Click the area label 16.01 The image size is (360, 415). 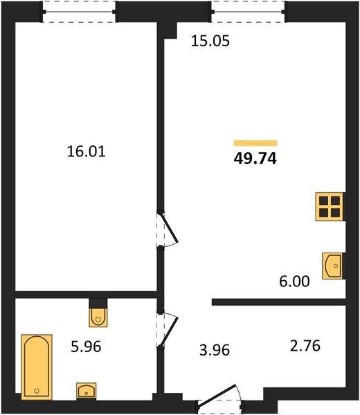click(86, 151)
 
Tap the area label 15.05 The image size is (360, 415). click(210, 41)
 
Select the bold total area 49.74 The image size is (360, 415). click(255, 158)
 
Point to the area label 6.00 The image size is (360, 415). click(294, 282)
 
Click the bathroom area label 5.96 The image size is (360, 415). click(86, 347)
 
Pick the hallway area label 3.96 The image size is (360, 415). click(215, 350)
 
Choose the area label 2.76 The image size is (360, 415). click(305, 346)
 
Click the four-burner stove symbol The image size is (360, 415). click(330, 207)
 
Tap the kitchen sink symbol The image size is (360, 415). click(332, 266)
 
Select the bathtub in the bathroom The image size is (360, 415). click(37, 367)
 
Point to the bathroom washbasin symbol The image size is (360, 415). click(87, 391)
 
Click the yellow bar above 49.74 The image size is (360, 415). click(255, 143)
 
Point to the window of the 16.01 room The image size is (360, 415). click(79, 12)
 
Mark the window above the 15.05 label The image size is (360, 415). click(249, 12)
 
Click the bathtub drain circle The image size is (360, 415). click(37, 391)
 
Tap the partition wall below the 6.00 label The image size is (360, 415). click(279, 302)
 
